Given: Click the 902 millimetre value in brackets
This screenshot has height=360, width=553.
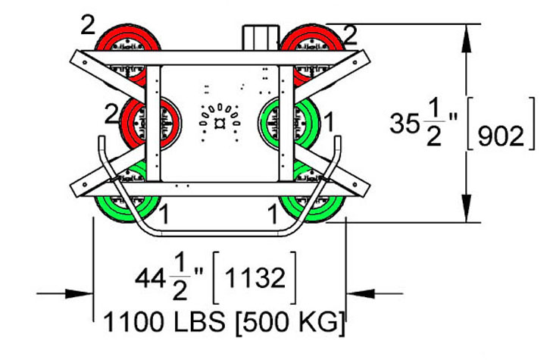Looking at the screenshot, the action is [x=501, y=136].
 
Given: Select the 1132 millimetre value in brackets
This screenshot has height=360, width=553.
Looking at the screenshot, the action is [x=255, y=277].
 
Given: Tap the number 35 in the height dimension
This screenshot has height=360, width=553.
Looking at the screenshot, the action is [x=405, y=124].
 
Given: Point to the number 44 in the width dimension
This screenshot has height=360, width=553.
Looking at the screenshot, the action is [x=150, y=278].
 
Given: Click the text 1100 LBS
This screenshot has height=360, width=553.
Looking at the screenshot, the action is [x=164, y=322].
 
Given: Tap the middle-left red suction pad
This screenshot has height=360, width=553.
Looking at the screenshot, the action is [x=151, y=123].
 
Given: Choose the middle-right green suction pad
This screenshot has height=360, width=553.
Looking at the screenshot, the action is [x=289, y=123].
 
